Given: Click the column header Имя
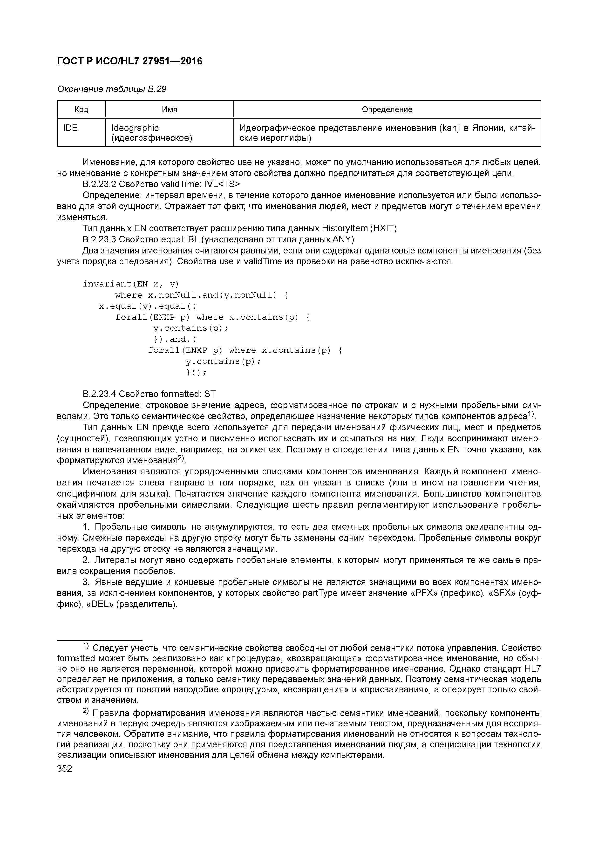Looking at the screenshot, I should [x=170, y=109].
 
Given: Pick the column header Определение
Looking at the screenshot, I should [x=387, y=109].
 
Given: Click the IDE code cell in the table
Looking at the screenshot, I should [x=70, y=128].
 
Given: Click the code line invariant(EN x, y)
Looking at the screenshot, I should [x=130, y=284].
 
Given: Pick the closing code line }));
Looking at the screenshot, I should [x=196, y=373].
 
